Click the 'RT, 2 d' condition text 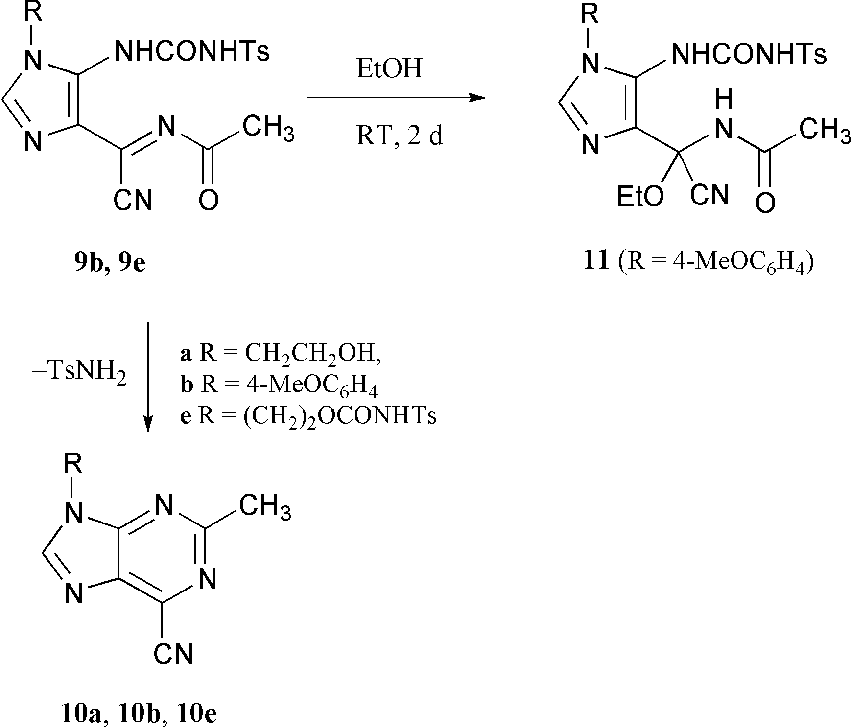tap(399, 135)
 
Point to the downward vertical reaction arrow tap(148, 377)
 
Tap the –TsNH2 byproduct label tap(79, 378)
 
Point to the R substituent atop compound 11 tap(591, 14)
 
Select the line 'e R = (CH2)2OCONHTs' tap(308, 416)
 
